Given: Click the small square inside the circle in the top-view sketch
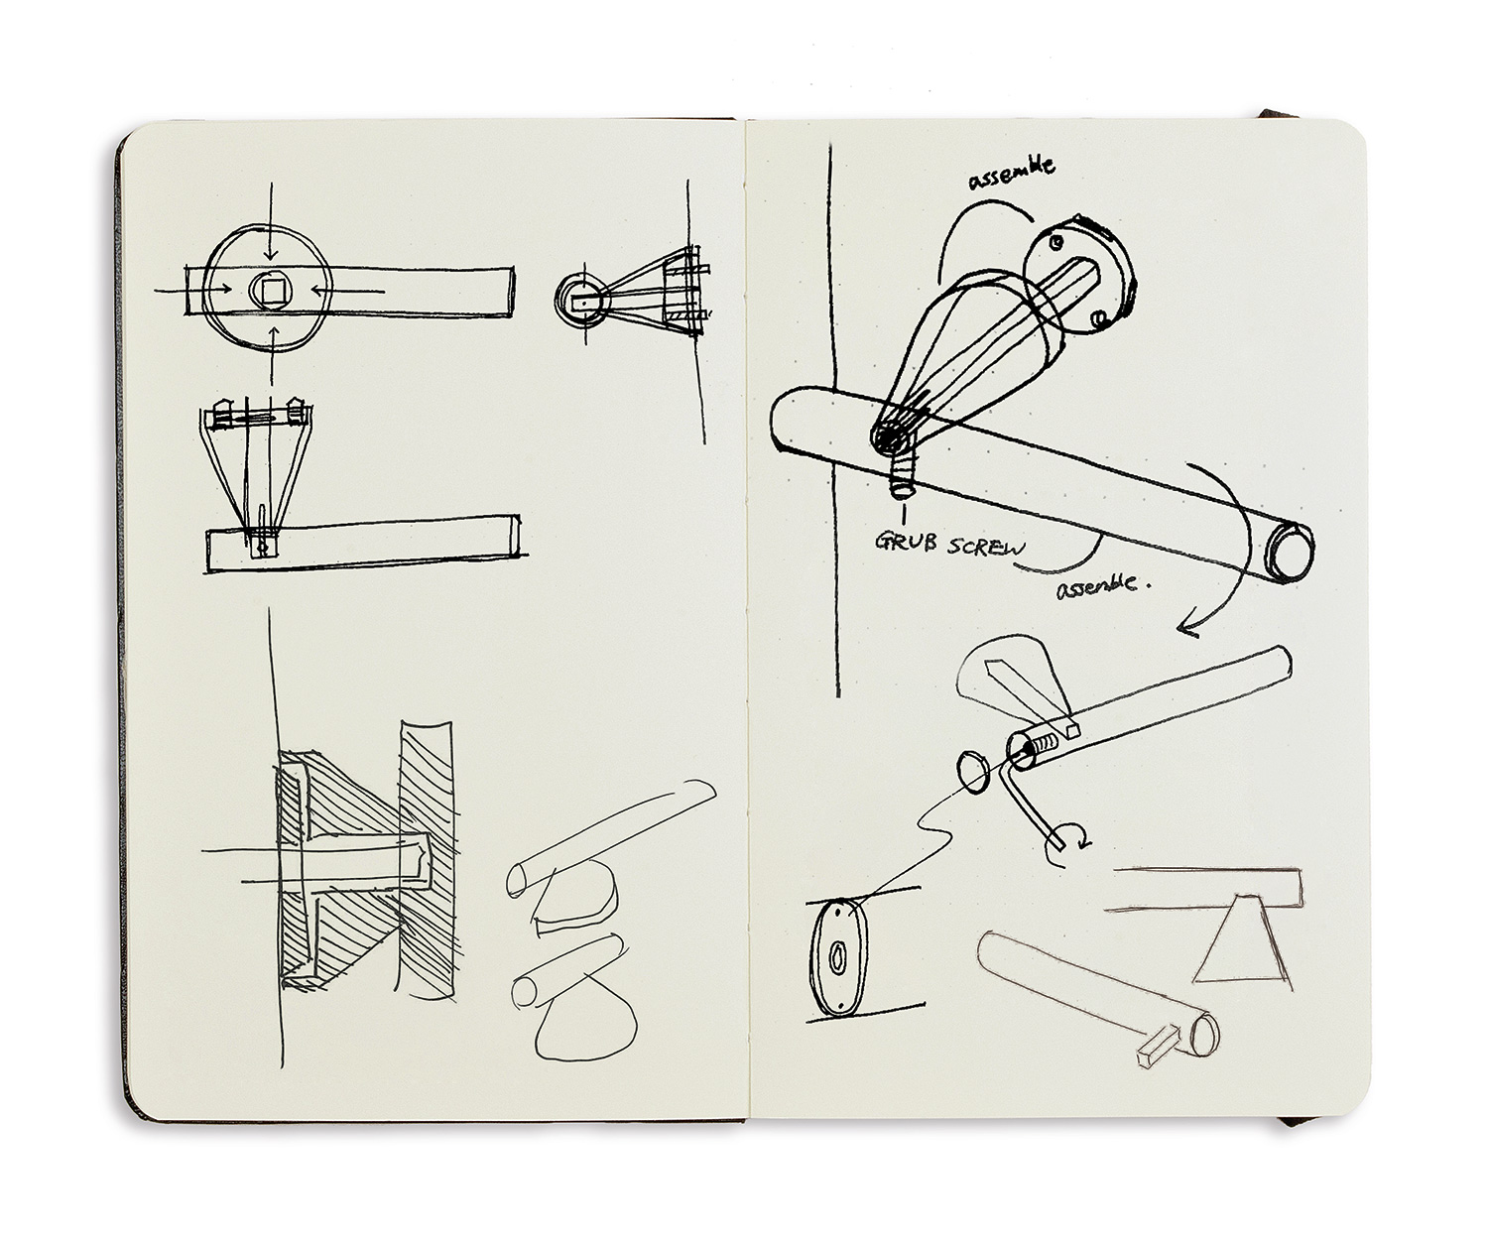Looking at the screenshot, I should point(270,290).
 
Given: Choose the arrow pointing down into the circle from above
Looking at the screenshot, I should point(270,228).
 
